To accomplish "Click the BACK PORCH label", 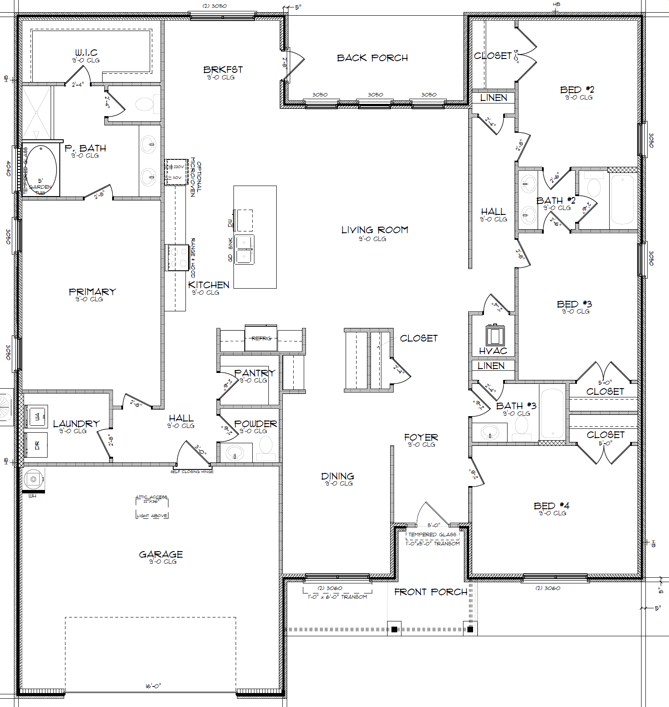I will point(372,58).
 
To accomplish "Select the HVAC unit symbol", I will point(495,335).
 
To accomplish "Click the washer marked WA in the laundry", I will point(36,416).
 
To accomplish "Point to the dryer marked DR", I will point(36,445).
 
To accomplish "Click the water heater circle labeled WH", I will point(33,479).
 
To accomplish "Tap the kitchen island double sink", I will point(244,249).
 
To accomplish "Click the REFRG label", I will point(261,338).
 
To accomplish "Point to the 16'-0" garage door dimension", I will point(153,686).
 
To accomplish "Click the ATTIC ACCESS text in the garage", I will point(151,497).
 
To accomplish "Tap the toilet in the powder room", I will point(266,447).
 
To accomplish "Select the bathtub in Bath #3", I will point(552,413).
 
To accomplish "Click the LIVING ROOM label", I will point(374,230).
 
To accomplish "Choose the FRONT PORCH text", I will point(430,592).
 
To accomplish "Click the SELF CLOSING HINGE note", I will point(192,472).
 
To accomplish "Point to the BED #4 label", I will point(551,506).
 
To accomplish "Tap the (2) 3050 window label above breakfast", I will point(214,6).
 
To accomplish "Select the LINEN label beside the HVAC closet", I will point(491,366).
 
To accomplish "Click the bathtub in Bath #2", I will point(623,199).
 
